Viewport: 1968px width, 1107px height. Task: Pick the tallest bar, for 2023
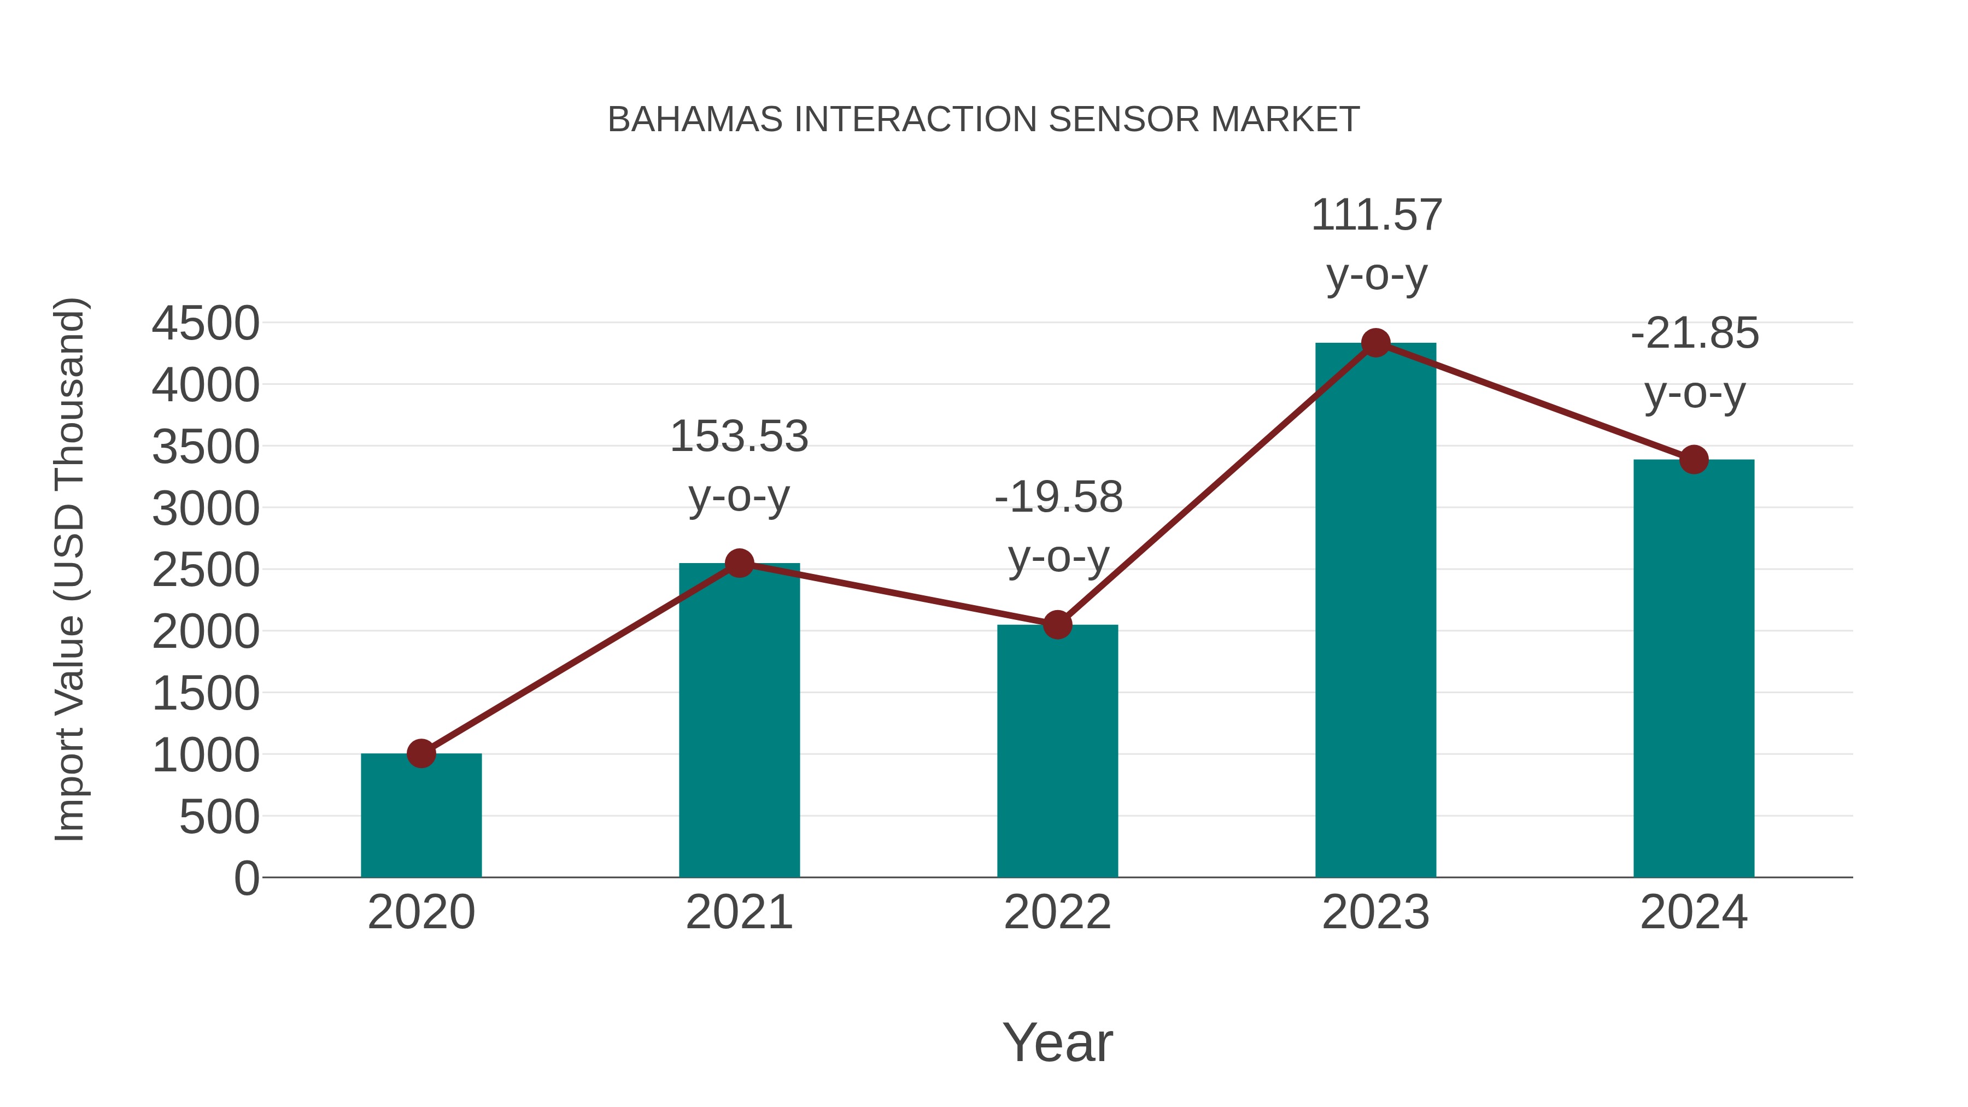1375,611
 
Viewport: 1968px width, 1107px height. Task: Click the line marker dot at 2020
421,753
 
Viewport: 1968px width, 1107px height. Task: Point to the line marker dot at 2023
1375,343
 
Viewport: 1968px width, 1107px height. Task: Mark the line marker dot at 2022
1057,625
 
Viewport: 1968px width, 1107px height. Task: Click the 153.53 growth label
739,437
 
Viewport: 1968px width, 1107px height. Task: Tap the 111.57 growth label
1376,215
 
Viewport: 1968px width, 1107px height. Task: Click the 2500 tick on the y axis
206,570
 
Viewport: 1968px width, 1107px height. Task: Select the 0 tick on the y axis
247,878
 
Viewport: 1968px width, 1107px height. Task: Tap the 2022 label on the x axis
1057,912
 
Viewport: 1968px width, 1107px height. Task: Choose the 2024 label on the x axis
1694,912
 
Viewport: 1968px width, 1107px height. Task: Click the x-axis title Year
1057,1042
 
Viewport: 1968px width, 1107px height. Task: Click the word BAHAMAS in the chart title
694,119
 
